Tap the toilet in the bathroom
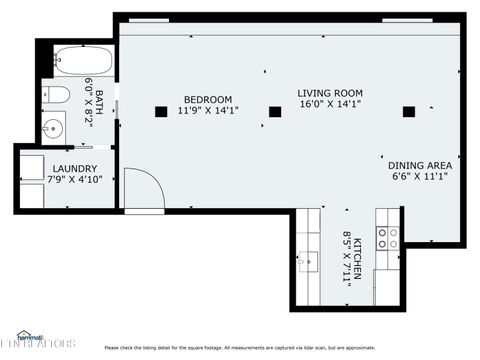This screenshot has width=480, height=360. (58, 95)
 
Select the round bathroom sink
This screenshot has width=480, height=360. (53, 128)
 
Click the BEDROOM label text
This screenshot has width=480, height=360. (207, 99)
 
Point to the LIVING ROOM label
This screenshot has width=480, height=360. (329, 93)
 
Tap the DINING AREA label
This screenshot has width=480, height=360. (420, 165)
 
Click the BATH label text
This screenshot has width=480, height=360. (100, 94)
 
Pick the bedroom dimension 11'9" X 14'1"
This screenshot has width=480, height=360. (207, 110)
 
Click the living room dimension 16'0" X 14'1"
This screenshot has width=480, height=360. (329, 103)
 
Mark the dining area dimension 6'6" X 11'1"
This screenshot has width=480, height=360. (420, 176)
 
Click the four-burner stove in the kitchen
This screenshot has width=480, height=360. (387, 237)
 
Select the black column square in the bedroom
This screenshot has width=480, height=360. (161, 112)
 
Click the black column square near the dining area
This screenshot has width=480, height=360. (408, 112)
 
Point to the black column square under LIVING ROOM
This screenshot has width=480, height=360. (275, 112)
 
